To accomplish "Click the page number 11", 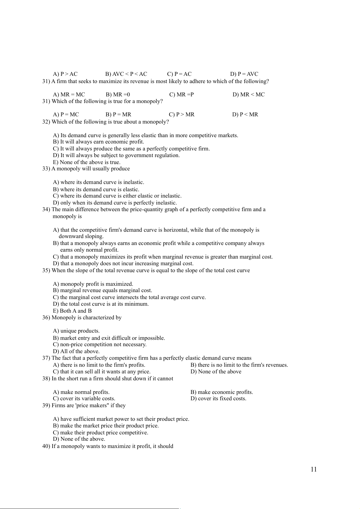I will [313, 469].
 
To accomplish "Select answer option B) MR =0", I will [118, 95].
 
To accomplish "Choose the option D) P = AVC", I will [244, 74].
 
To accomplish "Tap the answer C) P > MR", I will [182, 114].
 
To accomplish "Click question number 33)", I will [46, 169].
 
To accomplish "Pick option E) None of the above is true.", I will [87, 162].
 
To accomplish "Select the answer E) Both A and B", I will [72, 311].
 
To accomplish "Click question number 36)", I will [46, 317].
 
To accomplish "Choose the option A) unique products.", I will [76, 331].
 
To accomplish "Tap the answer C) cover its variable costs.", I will [84, 398].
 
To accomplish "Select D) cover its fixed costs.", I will [218, 398].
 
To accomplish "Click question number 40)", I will [46, 446].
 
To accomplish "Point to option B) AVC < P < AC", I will [126, 74].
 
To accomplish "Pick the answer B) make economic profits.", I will [222, 392].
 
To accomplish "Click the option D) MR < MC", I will [248, 95].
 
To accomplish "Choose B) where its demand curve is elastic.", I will [96, 189].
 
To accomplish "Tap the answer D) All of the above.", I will [76, 351].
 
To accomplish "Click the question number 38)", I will [46, 379].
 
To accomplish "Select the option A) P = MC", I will [66, 114].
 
